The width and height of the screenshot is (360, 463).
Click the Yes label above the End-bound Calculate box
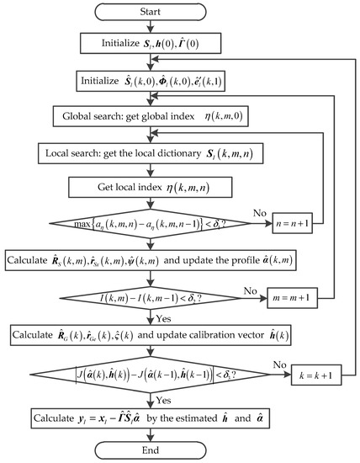168,401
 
